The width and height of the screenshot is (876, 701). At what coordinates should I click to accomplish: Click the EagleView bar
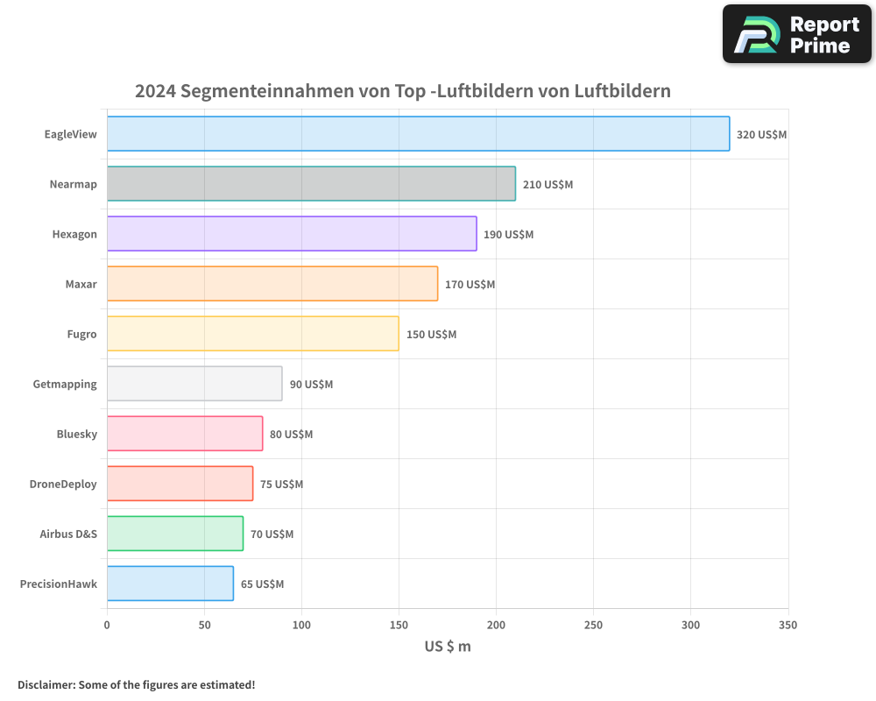pyautogui.click(x=418, y=134)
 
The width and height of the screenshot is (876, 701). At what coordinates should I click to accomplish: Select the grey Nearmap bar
pyautogui.click(x=311, y=184)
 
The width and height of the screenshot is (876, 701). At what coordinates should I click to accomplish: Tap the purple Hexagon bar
pyautogui.click(x=292, y=234)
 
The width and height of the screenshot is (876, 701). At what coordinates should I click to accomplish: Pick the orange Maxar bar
pyautogui.click(x=272, y=284)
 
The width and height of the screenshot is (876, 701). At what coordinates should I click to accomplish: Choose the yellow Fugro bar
pyautogui.click(x=253, y=334)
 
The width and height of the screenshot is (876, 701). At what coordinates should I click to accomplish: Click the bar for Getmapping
pyautogui.click(x=194, y=384)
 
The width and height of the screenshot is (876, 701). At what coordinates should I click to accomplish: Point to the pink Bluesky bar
pyautogui.click(x=185, y=434)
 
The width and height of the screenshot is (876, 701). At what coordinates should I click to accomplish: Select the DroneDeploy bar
pyautogui.click(x=180, y=484)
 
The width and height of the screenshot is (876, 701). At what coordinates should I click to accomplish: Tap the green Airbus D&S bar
pyautogui.click(x=175, y=534)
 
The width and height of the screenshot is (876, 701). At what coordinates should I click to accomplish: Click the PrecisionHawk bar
pyautogui.click(x=170, y=584)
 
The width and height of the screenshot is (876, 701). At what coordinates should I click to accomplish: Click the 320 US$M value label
pyautogui.click(x=761, y=135)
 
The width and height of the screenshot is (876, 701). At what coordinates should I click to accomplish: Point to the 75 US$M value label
pyautogui.click(x=281, y=485)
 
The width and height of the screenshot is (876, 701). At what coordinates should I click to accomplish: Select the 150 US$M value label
pyautogui.click(x=431, y=335)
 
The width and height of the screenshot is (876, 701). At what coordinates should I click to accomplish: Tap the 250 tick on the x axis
pyautogui.click(x=594, y=625)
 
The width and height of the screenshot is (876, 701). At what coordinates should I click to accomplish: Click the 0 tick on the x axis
pyautogui.click(x=107, y=625)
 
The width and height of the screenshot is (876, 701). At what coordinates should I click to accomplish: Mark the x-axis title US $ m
pyautogui.click(x=448, y=647)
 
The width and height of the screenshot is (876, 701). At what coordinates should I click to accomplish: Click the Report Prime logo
pyautogui.click(x=796, y=34)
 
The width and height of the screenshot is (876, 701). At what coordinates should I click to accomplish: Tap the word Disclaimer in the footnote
pyautogui.click(x=46, y=684)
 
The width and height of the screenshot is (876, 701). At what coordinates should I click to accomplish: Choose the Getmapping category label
pyautogui.click(x=66, y=384)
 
